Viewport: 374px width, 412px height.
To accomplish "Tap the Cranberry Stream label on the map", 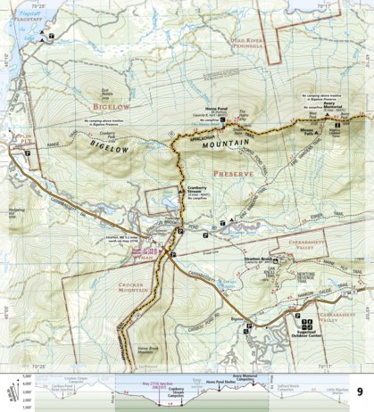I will point(197,188).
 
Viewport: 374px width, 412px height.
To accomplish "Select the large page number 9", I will point(359,390).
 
